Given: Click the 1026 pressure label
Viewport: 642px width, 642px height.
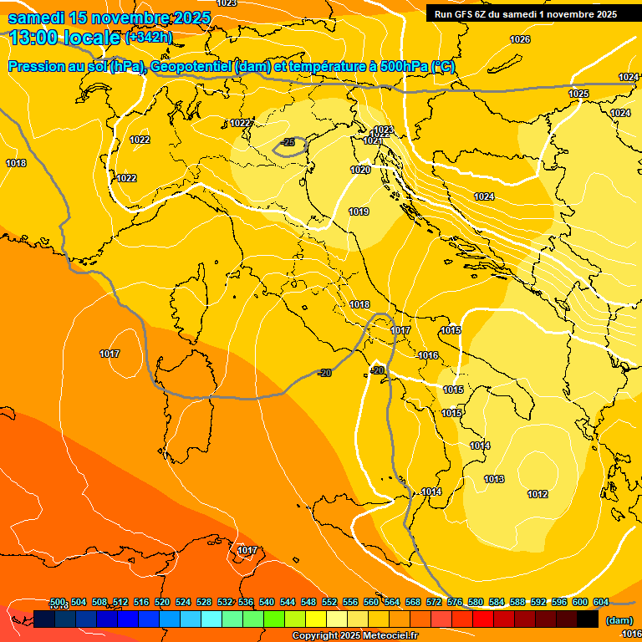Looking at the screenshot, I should pos(520,39).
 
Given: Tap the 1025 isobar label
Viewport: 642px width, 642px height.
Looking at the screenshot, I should pos(578,94).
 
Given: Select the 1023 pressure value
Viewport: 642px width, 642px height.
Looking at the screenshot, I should pos(383,130).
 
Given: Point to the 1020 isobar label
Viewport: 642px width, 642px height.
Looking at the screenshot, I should pos(360,170).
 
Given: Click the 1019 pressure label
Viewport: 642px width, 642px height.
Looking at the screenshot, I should pos(359,211).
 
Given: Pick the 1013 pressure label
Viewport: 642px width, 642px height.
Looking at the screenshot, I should pos(494,479).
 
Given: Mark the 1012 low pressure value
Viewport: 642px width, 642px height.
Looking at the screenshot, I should pos(538,494).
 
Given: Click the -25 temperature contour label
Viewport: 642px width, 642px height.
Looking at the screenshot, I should pos(288,143).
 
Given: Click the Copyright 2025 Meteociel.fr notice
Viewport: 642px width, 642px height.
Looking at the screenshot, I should pos(354,636).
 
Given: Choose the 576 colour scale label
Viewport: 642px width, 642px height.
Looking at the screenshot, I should pos(455,602).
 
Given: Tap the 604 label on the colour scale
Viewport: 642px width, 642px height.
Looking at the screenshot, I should pos(600,602).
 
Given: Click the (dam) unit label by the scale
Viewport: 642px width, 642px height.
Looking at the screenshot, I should pos(619,620).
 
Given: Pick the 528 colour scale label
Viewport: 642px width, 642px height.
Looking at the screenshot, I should pos(204,602).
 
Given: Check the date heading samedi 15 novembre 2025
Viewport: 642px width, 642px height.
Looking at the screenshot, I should pos(114,18).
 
